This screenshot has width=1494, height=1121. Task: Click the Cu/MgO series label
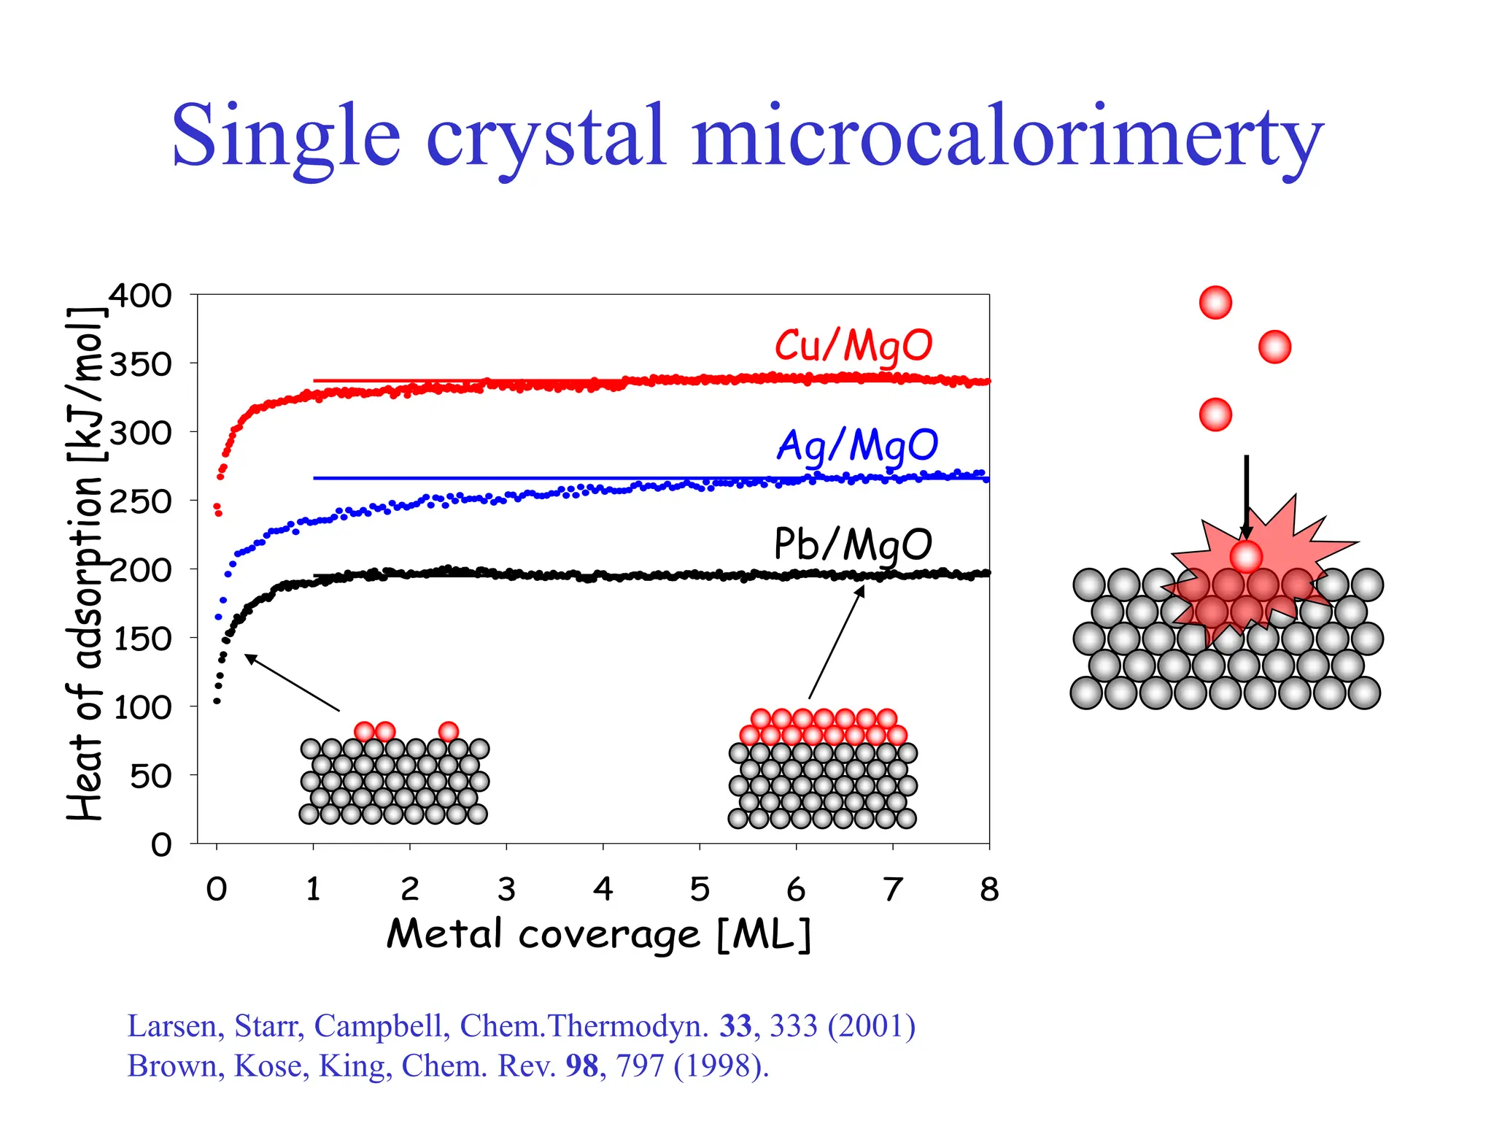pos(853,345)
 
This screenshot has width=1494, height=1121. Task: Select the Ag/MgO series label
pos(856,444)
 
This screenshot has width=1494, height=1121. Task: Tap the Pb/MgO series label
pos(853,544)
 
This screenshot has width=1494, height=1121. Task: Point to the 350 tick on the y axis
pos(140,363)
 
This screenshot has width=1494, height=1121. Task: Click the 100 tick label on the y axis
pos(142,706)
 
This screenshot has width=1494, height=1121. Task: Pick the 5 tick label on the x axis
pos(699,889)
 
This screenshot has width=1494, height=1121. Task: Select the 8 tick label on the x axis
pos(988,889)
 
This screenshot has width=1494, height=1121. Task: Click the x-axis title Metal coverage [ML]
pos(598,934)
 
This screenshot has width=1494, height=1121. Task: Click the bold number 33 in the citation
pos(735,1026)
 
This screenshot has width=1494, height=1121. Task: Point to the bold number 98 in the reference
pos(581,1066)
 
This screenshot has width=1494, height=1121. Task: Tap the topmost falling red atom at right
pos(1215,302)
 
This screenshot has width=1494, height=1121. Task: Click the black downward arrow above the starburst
pos(1246,496)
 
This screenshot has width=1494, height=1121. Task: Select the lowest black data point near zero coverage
pos(217,701)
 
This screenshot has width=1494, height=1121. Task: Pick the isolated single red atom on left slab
pos(449,731)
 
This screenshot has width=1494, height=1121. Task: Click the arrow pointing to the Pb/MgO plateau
pos(836,642)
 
